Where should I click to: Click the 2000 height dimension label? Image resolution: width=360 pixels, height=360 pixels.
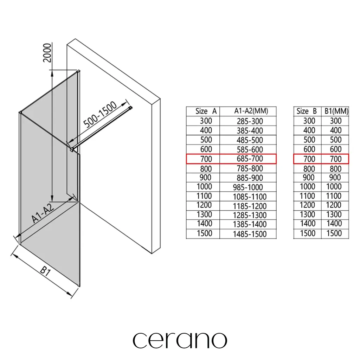point(47,53)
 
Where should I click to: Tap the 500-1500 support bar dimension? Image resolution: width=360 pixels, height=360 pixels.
point(100,115)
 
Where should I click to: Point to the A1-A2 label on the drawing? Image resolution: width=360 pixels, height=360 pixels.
point(43,213)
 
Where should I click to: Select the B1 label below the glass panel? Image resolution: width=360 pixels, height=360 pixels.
point(45,271)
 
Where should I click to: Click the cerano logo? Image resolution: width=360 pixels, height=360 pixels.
point(180,340)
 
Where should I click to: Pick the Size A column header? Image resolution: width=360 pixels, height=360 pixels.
point(206,111)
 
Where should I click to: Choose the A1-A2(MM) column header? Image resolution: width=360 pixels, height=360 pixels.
point(251,111)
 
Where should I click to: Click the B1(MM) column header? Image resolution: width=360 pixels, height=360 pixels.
point(336,111)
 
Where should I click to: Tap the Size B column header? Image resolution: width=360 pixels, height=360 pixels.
point(307,111)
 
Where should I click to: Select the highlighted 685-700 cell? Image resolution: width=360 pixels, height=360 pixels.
point(250,159)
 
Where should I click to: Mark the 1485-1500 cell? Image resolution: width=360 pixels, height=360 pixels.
point(250,234)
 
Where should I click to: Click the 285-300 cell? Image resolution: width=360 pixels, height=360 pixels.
point(250,121)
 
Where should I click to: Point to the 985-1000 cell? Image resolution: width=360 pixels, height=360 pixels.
point(248,187)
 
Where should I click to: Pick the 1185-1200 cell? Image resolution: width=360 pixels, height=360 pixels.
point(250,206)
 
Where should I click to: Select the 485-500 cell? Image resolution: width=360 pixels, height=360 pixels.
point(250,140)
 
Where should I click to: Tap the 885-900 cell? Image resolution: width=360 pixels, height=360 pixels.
point(250,178)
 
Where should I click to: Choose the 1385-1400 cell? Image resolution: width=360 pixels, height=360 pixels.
point(250,224)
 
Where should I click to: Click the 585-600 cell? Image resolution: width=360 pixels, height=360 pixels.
point(250,150)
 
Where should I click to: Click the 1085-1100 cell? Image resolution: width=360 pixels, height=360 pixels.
point(250,197)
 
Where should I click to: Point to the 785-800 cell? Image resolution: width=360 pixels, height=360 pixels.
point(250,168)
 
